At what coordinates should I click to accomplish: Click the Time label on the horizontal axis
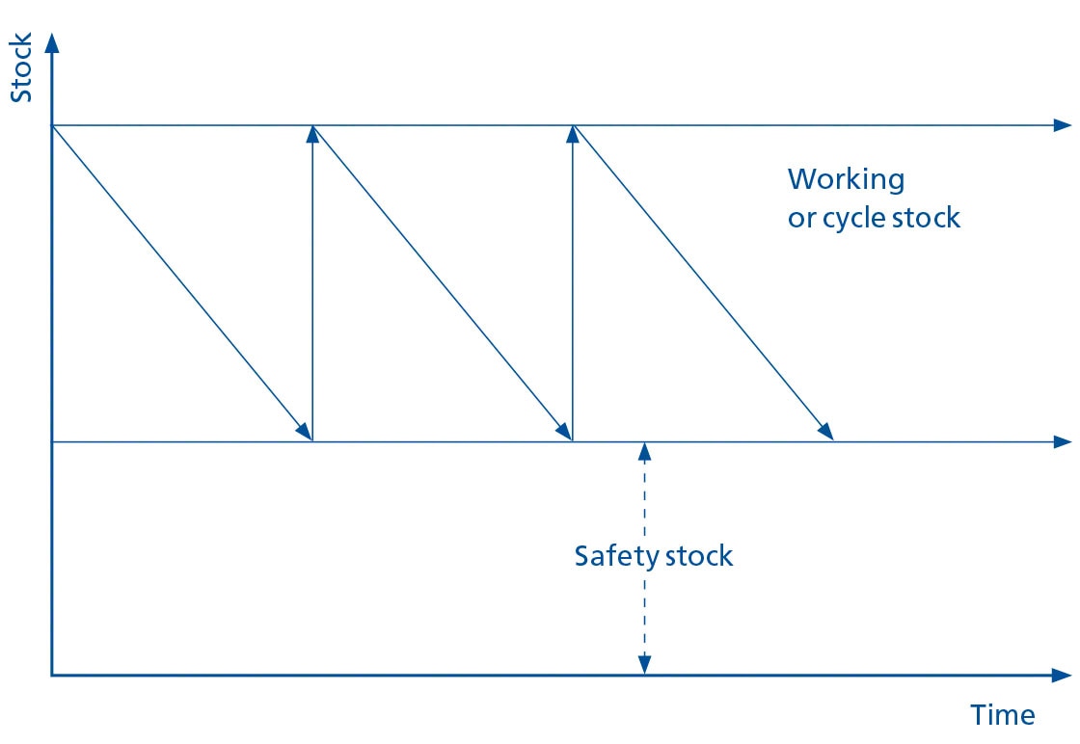pos(1002,715)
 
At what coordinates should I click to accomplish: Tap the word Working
pos(846,180)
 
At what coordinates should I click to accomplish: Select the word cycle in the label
pos(852,219)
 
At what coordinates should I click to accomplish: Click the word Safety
pos(609,556)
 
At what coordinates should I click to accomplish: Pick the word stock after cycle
pos(924,218)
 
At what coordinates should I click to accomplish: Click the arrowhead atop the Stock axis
pos(52,42)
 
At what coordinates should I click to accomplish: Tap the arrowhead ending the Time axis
pos(1063,675)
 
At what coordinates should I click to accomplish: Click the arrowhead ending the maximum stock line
pos(1063,125)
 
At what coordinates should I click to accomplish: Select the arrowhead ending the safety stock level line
pos(1063,441)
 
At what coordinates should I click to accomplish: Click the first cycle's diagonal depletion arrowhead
pos(304,432)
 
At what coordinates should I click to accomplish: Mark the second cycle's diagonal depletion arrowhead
pos(564,432)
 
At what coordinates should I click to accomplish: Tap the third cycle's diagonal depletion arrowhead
pos(824,432)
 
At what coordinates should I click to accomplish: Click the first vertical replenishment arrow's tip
pos(312,134)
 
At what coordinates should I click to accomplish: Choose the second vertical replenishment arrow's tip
pos(573,134)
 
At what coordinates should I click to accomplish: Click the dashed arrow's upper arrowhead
pos(644,451)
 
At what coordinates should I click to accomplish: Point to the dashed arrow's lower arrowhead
pos(644,665)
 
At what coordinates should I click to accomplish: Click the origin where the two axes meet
pos(52,675)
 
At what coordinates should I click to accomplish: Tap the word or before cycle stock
pos(800,219)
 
